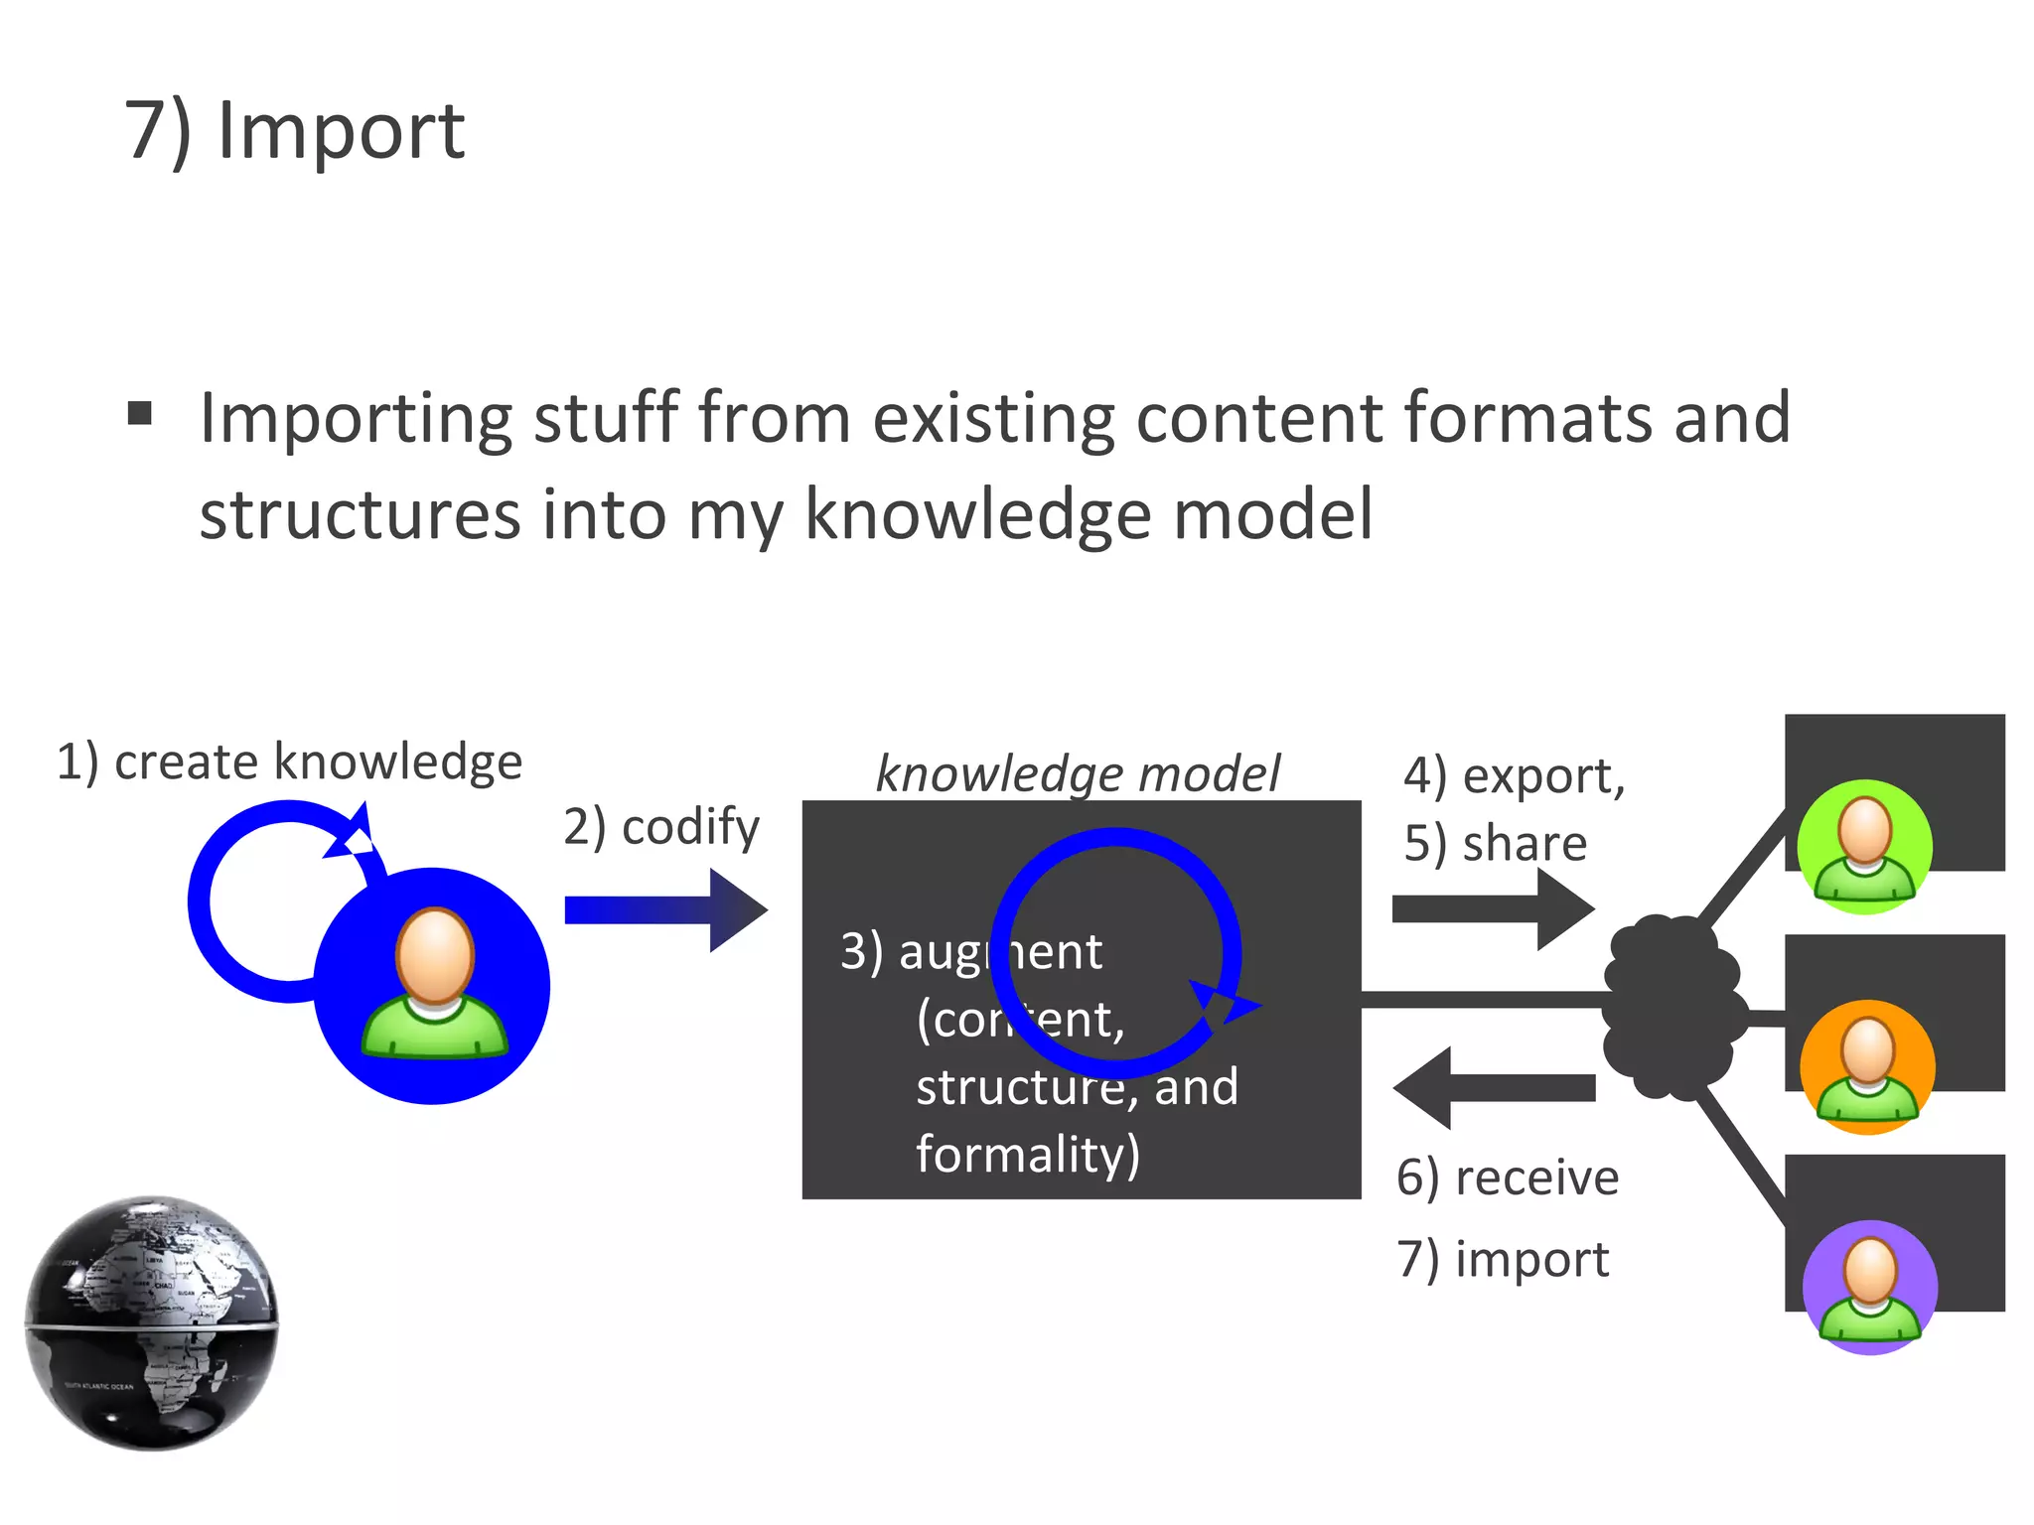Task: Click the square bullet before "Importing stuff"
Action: tap(140, 413)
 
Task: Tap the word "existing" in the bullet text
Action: tap(993, 418)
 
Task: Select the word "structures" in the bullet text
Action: tap(360, 514)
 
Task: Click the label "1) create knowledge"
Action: tap(289, 762)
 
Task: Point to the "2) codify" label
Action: tap(660, 826)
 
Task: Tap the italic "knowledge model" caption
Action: tap(1078, 773)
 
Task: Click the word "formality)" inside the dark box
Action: tap(1027, 1154)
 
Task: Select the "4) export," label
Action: tap(1514, 775)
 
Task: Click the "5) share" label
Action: tap(1495, 843)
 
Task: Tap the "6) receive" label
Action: tap(1507, 1178)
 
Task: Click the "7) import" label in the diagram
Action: tap(1502, 1259)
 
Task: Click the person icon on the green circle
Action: tap(1864, 846)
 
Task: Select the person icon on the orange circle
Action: tap(1867, 1066)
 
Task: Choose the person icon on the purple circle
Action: tap(1870, 1287)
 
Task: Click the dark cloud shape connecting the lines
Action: tap(1671, 1008)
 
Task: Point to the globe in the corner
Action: tap(152, 1322)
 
